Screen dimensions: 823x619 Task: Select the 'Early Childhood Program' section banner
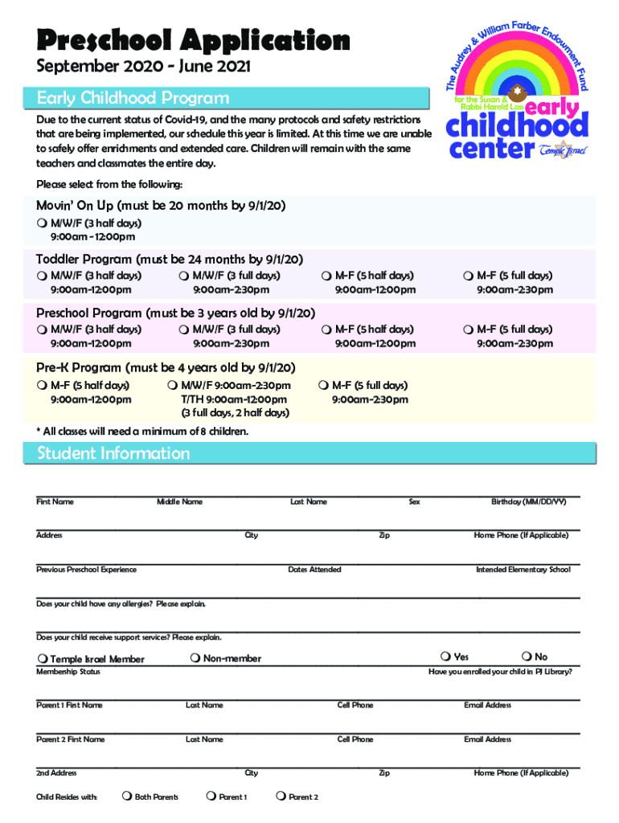click(133, 98)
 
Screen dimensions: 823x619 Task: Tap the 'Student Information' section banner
click(113, 453)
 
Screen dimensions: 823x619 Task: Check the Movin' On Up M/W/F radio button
click(41, 223)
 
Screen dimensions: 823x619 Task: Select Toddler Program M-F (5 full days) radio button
click(469, 276)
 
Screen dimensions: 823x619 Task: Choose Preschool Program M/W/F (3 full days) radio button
click(184, 330)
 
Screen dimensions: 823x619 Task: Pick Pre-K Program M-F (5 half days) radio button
click(41, 385)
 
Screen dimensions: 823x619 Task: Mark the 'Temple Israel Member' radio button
click(41, 659)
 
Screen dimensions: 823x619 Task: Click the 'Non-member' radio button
click(196, 659)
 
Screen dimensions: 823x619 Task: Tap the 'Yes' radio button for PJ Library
click(446, 657)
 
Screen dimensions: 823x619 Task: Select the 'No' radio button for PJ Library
click(527, 657)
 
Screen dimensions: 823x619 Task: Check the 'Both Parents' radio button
click(126, 796)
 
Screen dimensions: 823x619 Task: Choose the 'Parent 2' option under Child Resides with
click(280, 796)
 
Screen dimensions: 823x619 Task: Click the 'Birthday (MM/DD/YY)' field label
click(529, 502)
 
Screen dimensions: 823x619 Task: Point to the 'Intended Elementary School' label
click(523, 569)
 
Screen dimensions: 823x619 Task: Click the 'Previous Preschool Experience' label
click(86, 569)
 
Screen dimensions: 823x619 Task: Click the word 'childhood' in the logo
click(516, 126)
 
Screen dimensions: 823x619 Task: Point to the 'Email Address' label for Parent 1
click(487, 705)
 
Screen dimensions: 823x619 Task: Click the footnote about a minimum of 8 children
click(142, 432)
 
